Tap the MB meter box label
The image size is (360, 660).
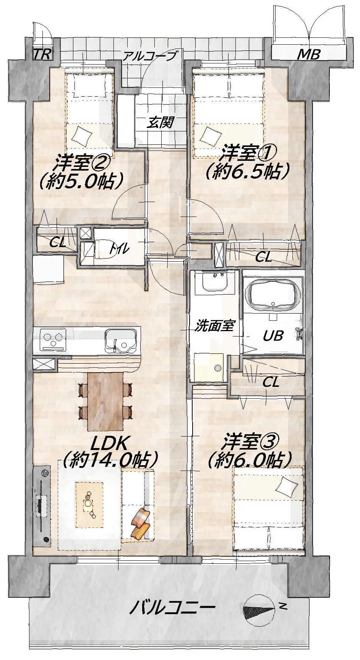(x=308, y=55)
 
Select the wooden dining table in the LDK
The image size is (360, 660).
(x=106, y=401)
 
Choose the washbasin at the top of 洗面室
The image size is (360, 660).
(x=215, y=283)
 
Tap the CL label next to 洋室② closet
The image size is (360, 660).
(x=57, y=243)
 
